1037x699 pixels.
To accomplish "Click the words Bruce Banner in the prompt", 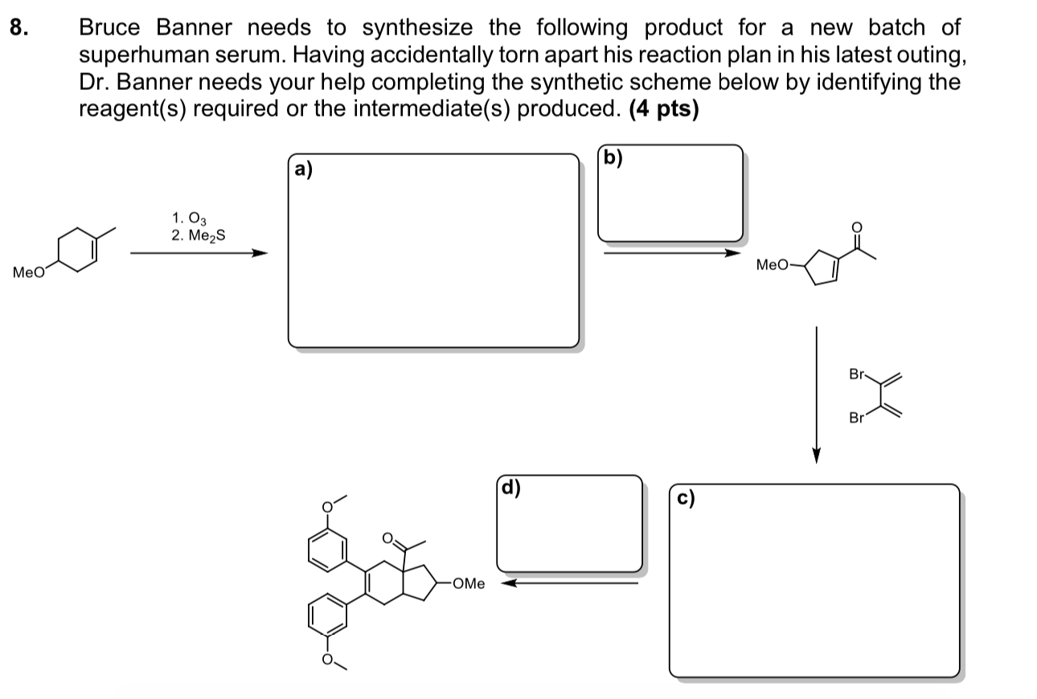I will click(x=155, y=28).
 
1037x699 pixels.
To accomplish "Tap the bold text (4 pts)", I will click(x=664, y=108).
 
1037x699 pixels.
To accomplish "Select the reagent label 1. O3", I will click(x=189, y=218).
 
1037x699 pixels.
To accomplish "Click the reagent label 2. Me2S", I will click(x=198, y=236).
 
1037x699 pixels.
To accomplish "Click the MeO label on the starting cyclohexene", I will click(x=29, y=273).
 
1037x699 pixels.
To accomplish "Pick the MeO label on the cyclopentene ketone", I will click(x=773, y=264).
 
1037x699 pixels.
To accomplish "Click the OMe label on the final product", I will click(x=469, y=584).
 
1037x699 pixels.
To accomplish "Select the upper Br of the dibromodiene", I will click(x=857, y=374).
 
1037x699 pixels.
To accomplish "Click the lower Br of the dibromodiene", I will click(x=857, y=418).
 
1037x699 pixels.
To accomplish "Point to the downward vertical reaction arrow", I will click(x=816, y=394).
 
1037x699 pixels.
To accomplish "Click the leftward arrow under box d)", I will click(x=569, y=583).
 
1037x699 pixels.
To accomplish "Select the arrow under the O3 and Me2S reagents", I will click(x=198, y=254).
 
